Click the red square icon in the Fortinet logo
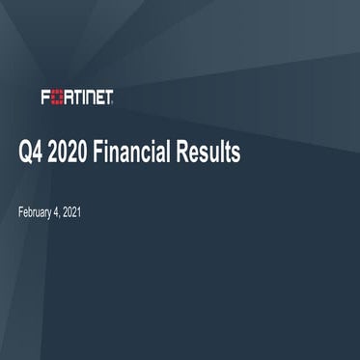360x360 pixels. pos(57,97)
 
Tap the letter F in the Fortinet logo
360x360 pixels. pos(46,97)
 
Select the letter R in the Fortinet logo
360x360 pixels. pos(68,97)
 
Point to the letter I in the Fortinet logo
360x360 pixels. pos(83,97)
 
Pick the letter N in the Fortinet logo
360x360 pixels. pos(90,97)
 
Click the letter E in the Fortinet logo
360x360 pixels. pos(99,97)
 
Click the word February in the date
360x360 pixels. pos(37,211)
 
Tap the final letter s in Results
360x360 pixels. pos(235,154)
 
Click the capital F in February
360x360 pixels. pos(21,211)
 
